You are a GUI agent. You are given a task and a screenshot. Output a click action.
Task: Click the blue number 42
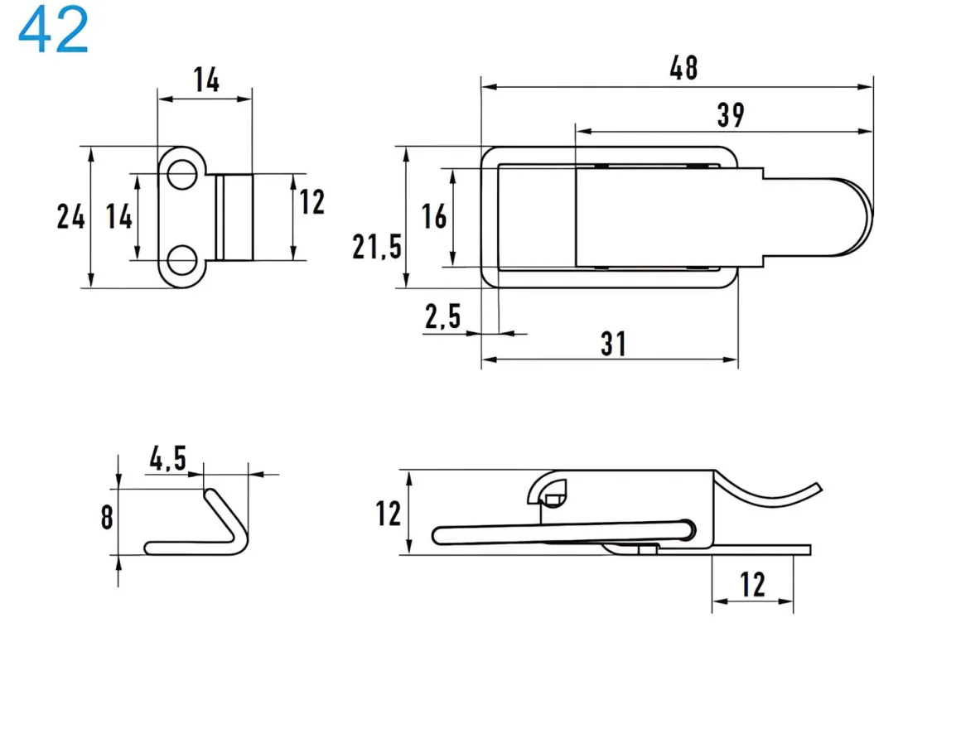point(53,31)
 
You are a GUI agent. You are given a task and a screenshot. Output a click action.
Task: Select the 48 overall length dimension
point(683,68)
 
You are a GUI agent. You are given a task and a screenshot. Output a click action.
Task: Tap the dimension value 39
point(730,115)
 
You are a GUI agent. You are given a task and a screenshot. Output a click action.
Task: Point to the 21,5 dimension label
point(376,246)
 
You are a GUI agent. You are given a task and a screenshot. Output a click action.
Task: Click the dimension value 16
point(434,216)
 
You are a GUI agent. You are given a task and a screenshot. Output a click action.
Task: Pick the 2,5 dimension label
point(442,316)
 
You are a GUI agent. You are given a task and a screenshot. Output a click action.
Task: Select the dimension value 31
point(613,343)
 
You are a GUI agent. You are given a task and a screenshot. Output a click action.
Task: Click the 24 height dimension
point(70,217)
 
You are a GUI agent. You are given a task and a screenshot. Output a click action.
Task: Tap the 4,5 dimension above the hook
point(167,457)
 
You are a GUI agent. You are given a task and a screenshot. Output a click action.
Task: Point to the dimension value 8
point(107,518)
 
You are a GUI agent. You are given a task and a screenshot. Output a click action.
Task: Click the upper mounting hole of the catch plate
point(180,174)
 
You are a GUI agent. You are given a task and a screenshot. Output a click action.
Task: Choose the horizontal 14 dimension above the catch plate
point(206,80)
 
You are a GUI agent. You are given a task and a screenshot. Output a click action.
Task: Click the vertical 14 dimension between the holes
point(119,217)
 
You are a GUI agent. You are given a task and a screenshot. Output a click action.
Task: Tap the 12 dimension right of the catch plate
point(311,201)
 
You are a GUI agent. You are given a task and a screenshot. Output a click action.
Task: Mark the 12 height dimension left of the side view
point(389,514)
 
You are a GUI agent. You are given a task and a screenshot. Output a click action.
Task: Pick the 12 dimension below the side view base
point(752,585)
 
